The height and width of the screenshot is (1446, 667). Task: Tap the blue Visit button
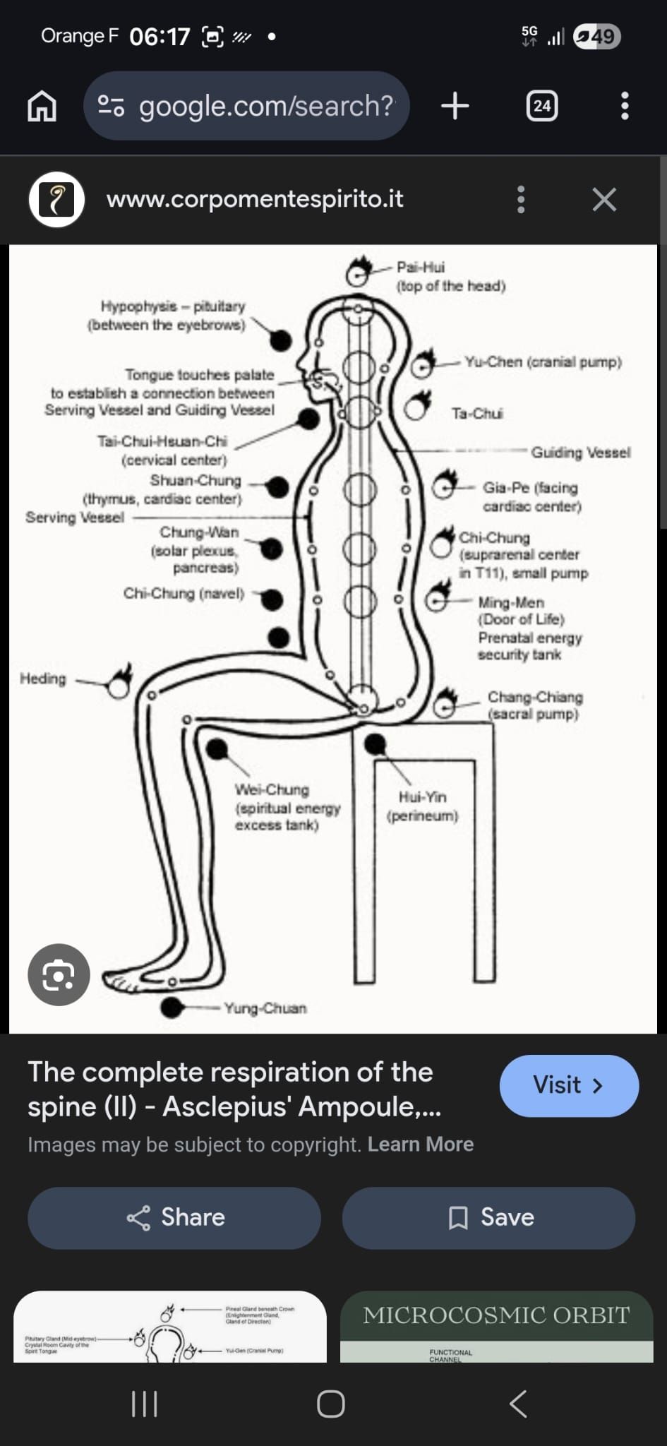(x=568, y=1085)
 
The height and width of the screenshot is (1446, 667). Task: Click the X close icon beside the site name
(x=604, y=200)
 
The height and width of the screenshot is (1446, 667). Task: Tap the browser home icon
(x=42, y=106)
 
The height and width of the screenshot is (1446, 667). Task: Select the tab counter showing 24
(x=541, y=106)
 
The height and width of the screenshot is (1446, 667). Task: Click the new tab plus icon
(x=455, y=106)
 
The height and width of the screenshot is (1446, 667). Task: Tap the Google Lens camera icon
(x=59, y=974)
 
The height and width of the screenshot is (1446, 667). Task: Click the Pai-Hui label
(x=421, y=267)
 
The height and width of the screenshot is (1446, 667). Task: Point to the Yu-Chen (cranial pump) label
(x=543, y=361)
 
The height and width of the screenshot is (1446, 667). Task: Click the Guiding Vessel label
(x=580, y=452)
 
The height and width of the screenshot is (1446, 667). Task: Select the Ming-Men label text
(x=511, y=602)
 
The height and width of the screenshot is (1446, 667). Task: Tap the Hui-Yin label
(x=422, y=797)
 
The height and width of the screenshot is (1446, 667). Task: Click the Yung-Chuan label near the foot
(x=265, y=1008)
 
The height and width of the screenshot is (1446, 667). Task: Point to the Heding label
(x=43, y=679)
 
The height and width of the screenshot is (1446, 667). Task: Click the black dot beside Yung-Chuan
(x=172, y=1007)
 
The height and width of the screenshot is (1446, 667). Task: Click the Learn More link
(x=421, y=1144)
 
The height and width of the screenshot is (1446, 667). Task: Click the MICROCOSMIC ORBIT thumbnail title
(x=496, y=1315)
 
